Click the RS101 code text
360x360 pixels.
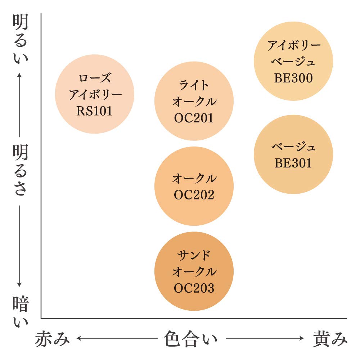click(x=94, y=111)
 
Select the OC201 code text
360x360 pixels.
click(x=194, y=118)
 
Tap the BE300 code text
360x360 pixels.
click(x=293, y=78)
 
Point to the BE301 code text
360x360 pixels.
click(x=293, y=163)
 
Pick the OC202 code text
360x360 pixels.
click(x=194, y=195)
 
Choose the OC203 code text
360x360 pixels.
click(x=194, y=288)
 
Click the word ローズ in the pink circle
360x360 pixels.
click(x=95, y=78)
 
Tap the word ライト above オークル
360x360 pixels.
click(x=194, y=85)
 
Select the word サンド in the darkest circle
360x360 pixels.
click(x=194, y=255)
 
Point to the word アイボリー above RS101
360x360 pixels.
click(x=95, y=94)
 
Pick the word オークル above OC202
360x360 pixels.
click(x=194, y=178)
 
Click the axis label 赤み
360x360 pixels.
click(x=52, y=339)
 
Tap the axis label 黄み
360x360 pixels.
click(x=330, y=339)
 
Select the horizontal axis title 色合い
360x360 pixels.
click(x=190, y=339)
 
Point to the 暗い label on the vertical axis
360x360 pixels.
click(x=21, y=311)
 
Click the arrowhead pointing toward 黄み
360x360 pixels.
click(x=301, y=338)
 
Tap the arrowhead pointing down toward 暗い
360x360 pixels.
click(x=19, y=285)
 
